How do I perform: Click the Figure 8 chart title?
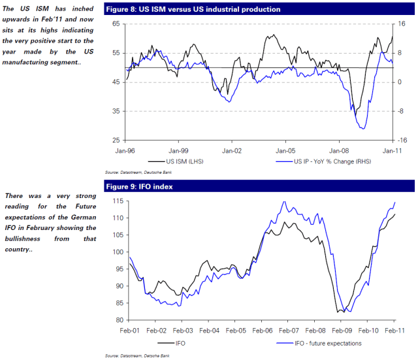coord(193,9)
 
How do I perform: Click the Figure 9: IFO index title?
coord(141,187)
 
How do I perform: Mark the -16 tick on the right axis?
coord(403,140)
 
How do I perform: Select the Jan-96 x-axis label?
coord(126,150)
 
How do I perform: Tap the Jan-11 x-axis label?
coord(392,150)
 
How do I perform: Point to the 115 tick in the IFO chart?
coord(117,201)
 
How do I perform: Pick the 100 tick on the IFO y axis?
coord(117,252)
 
